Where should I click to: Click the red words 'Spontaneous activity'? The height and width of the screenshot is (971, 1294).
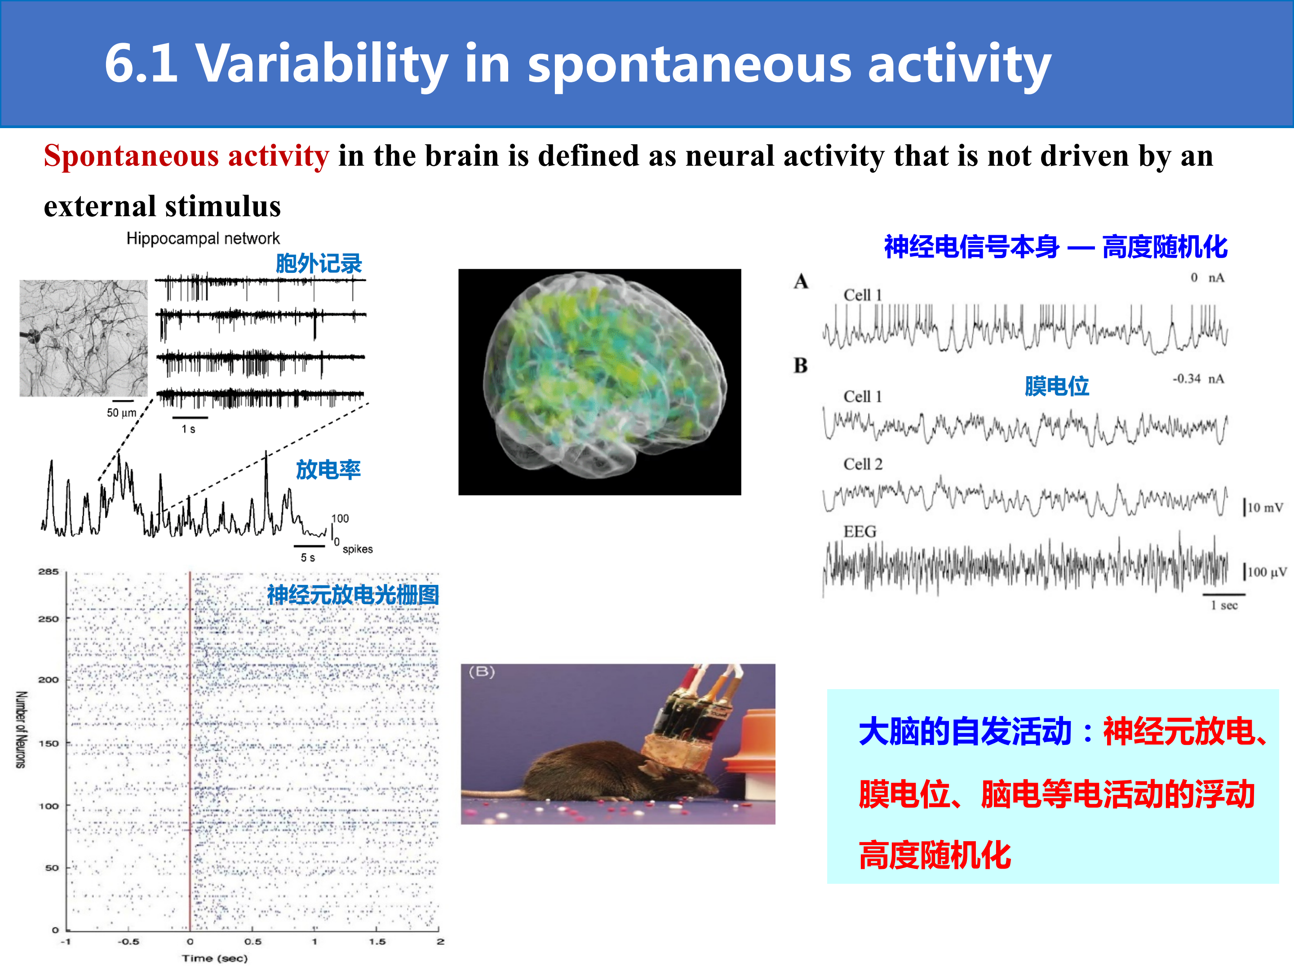click(186, 156)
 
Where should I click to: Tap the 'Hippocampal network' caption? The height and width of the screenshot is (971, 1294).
click(203, 238)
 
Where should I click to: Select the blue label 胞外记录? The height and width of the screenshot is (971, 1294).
click(319, 263)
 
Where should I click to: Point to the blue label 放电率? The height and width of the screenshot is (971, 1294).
click(328, 469)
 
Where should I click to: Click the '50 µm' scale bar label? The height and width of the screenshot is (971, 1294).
click(122, 413)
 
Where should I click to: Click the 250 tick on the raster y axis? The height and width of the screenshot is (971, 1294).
click(49, 619)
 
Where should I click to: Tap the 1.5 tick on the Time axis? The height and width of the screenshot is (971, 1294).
click(377, 942)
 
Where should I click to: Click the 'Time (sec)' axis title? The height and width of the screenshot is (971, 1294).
click(215, 958)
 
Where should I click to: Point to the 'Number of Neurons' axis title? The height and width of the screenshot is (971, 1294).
click(21, 730)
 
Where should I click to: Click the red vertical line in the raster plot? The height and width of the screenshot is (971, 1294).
click(190, 751)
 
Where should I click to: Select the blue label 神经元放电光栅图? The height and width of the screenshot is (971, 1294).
click(353, 595)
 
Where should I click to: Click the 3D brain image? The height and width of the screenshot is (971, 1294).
click(600, 382)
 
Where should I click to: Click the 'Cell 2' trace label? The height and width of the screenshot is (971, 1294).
click(863, 464)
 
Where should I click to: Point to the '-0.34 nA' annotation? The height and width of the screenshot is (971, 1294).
click(1198, 379)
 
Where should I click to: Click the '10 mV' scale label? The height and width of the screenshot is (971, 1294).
click(1265, 508)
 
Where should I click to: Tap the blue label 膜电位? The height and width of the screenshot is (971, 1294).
click(1056, 386)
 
